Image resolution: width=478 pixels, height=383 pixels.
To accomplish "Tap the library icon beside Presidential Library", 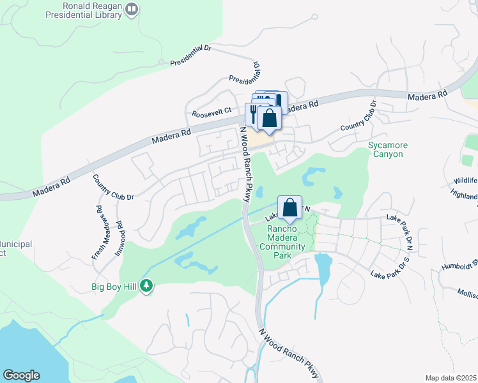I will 132,9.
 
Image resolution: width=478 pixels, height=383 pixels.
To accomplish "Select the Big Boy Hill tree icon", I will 148,286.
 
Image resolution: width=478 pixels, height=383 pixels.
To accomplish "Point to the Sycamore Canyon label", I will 386,149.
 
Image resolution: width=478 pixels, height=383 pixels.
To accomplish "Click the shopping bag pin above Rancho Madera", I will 289,208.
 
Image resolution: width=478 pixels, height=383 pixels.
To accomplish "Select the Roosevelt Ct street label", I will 210,113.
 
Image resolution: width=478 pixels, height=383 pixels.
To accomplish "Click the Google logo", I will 21,375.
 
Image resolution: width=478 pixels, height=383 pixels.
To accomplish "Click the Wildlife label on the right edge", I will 466,181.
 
